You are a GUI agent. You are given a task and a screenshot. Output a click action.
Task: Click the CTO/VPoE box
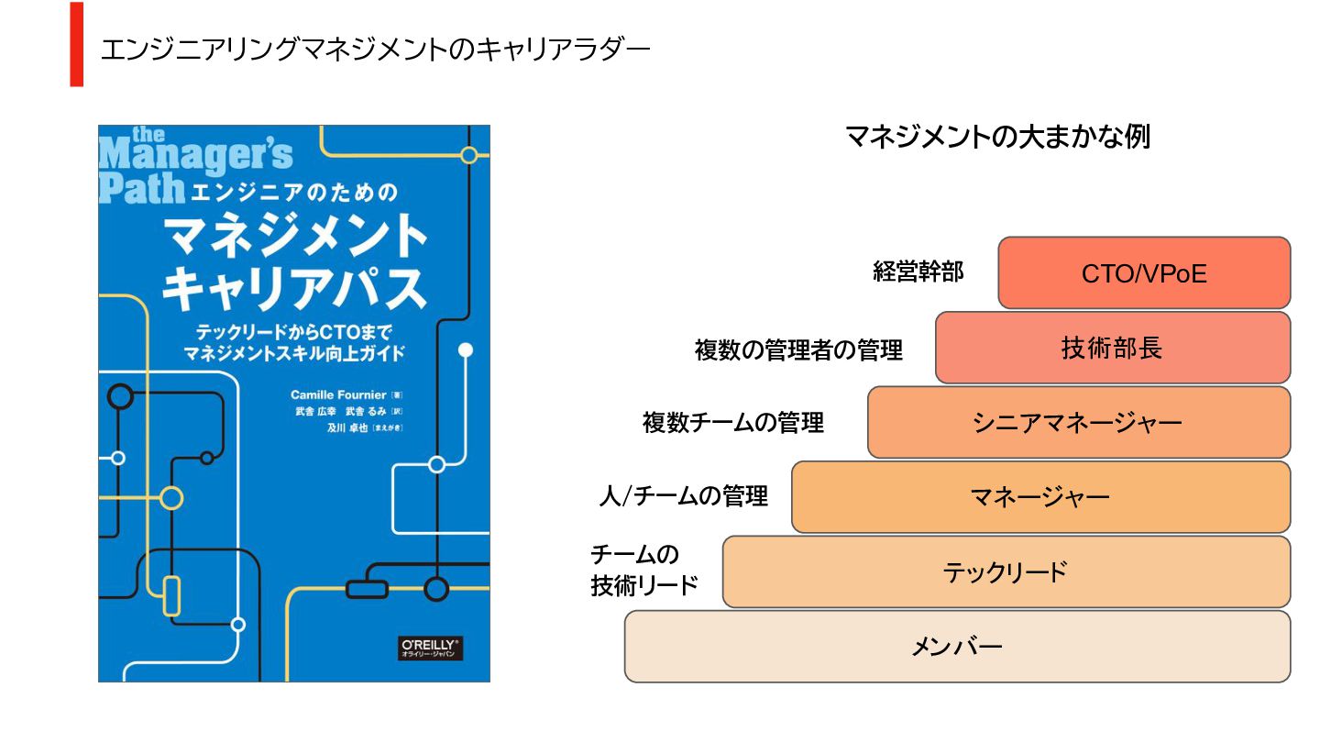(x=1144, y=273)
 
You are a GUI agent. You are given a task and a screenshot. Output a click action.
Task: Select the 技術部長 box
(x=1112, y=349)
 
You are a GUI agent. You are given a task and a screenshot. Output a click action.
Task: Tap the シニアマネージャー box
(x=1078, y=423)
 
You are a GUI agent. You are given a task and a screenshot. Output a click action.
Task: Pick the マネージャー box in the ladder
(x=1040, y=497)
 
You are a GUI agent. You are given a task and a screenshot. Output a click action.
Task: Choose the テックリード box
(x=1006, y=572)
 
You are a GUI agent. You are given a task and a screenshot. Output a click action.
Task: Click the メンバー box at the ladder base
(x=957, y=648)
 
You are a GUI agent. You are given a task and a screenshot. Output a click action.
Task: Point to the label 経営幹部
(x=918, y=272)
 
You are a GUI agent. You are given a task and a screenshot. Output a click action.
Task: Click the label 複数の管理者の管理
(x=798, y=349)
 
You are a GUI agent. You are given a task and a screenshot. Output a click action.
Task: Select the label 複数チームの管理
(x=733, y=423)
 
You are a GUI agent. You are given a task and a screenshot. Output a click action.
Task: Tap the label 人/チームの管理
(x=683, y=497)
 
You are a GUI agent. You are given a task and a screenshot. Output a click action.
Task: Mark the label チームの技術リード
(x=644, y=570)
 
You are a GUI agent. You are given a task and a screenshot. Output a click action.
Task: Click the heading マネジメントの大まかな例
(x=997, y=138)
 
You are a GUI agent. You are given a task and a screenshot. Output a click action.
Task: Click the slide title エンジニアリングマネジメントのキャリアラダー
(x=375, y=50)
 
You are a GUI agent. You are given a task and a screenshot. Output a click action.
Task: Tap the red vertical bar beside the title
(x=77, y=44)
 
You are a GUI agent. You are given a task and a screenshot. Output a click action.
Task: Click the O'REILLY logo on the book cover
(x=431, y=649)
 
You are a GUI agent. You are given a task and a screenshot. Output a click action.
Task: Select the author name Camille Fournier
(x=338, y=394)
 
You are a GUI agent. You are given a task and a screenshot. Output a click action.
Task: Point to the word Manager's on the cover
(x=195, y=156)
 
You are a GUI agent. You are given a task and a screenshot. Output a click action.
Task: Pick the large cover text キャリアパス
(x=293, y=289)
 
